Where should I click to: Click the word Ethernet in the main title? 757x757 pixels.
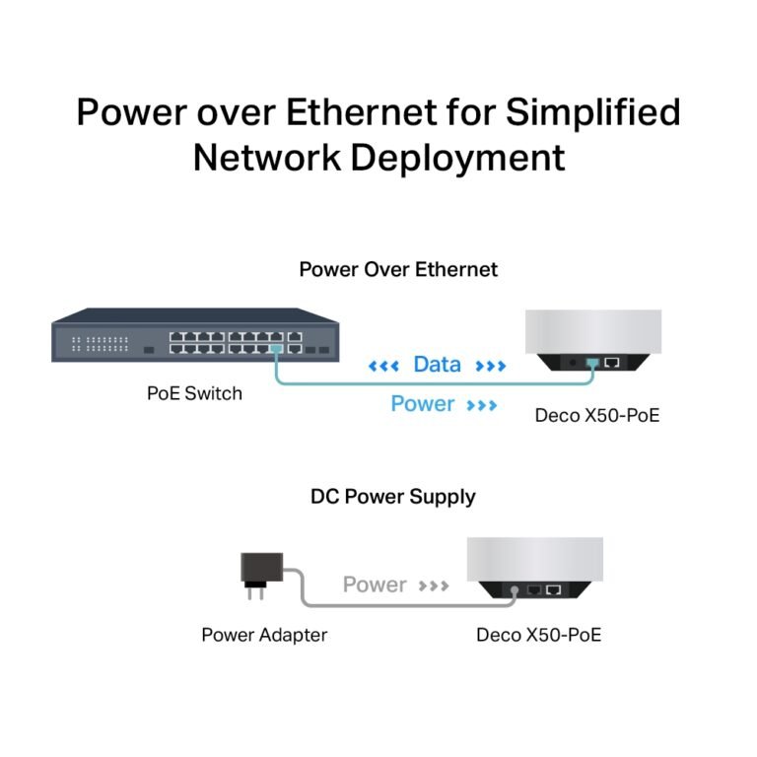coord(360,112)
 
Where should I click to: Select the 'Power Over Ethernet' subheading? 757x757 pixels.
coord(398,269)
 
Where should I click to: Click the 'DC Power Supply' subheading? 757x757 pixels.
coord(392,496)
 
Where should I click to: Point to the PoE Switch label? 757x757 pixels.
coord(194,393)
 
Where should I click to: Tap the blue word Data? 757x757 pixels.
coord(437,365)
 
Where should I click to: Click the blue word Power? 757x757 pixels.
coord(423,404)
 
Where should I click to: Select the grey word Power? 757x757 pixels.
coord(375,585)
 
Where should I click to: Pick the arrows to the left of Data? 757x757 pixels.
coord(383,366)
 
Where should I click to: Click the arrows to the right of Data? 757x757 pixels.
coord(490,366)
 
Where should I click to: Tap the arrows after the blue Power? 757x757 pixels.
coord(482,405)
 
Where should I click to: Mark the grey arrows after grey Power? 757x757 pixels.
coord(434,585)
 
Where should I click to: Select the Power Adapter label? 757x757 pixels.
coord(264,635)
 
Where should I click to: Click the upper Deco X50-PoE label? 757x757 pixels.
coord(596,415)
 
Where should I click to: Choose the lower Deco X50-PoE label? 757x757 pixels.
coord(538,635)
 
